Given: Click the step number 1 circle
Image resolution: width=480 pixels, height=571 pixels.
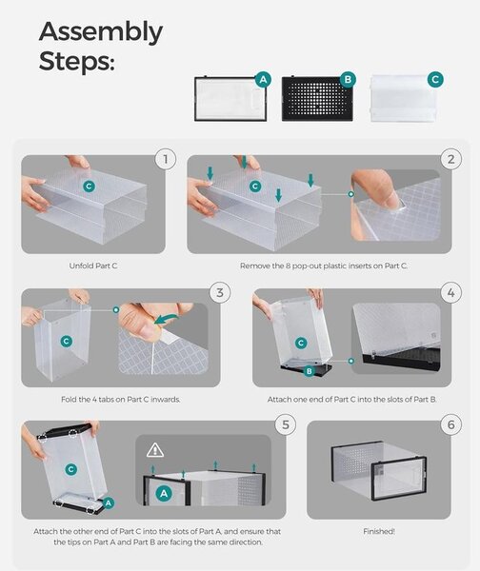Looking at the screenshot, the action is [166, 159].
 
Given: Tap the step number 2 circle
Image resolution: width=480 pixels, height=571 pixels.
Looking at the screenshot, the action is [450, 159].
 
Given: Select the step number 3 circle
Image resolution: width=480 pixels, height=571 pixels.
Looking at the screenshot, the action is [220, 292].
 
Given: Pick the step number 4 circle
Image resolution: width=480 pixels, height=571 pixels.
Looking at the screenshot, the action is [450, 292].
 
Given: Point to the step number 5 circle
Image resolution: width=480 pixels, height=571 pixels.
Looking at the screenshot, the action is [286, 424].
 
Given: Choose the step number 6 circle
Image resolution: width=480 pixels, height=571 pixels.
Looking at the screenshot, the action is [450, 424].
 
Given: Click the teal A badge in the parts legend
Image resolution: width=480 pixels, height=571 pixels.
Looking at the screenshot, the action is [263, 79].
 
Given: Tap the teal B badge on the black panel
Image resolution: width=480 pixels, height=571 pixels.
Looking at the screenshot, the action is [348, 79].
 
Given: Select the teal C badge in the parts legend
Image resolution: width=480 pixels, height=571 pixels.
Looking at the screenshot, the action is [435, 79].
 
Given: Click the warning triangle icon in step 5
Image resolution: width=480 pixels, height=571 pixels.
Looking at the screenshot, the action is [155, 450].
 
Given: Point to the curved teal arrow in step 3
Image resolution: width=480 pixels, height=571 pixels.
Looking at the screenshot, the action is [166, 320].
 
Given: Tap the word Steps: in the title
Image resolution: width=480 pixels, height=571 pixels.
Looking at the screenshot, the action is [76, 61].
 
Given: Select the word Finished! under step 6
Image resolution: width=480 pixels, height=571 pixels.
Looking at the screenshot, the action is [379, 531].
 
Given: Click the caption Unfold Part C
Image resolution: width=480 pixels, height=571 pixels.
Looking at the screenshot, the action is [93, 266].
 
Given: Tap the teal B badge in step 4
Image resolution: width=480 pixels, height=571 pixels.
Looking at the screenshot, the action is [310, 371].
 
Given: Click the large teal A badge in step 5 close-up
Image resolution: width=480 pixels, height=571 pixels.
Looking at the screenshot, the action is [164, 494].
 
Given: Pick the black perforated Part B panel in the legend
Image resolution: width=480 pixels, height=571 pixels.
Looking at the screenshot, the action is [317, 99].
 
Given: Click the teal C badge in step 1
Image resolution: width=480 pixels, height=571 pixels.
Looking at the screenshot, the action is [89, 187].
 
